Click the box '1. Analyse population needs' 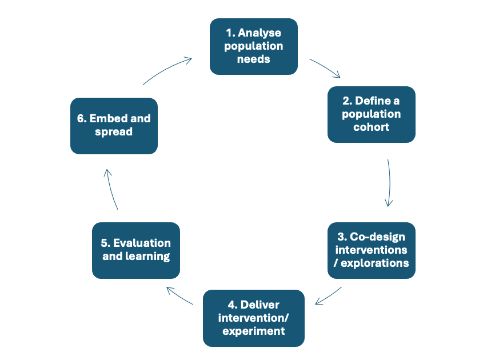click(x=253, y=46)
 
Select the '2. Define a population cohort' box click(x=371, y=114)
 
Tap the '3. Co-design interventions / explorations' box click(x=371, y=250)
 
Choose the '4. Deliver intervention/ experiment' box click(x=253, y=318)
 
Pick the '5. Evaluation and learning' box click(x=136, y=250)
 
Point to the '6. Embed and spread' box click(x=114, y=126)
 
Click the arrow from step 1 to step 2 click(x=325, y=67)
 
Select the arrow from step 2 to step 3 click(x=389, y=183)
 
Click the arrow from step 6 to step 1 click(x=166, y=70)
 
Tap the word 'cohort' click(x=371, y=127)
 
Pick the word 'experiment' click(x=253, y=331)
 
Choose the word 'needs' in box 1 click(x=253, y=59)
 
